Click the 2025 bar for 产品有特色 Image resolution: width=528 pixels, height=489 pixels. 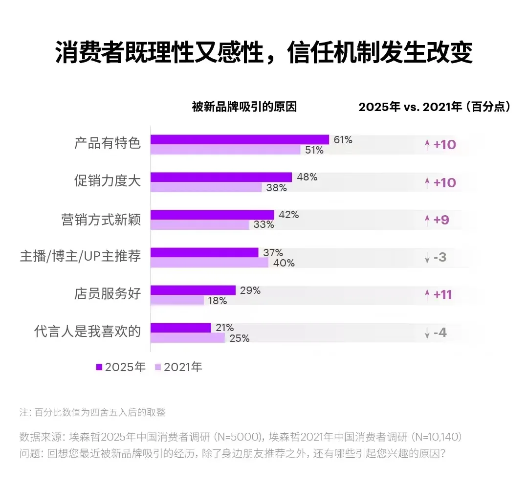(x=240, y=139)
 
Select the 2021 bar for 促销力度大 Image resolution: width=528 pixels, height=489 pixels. (x=206, y=187)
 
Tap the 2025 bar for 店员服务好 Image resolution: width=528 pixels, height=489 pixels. (x=193, y=290)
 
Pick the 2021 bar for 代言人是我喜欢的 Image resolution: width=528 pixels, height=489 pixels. (x=187, y=338)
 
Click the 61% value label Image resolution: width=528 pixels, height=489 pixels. (x=343, y=140)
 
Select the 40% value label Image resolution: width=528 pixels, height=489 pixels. (x=284, y=263)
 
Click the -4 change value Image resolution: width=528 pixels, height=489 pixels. (x=440, y=333)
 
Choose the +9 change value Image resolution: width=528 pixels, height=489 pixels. (x=441, y=220)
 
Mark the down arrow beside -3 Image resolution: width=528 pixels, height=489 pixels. (x=427, y=258)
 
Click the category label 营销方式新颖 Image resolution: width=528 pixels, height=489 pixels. (x=108, y=220)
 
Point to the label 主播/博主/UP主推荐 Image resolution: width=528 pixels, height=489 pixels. (x=80, y=257)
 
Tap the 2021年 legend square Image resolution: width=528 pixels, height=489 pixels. (x=157, y=367)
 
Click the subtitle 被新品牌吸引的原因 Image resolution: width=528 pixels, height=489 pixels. (x=244, y=107)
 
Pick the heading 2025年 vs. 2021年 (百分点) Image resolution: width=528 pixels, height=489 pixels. (x=435, y=107)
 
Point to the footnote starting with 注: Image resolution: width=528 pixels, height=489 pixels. (x=92, y=412)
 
